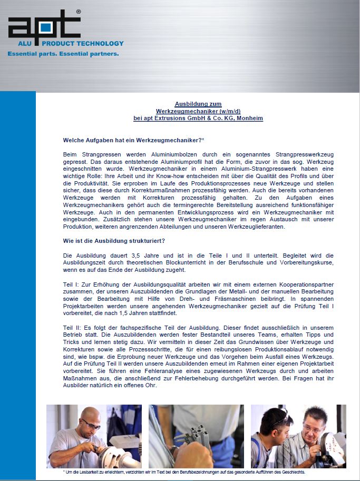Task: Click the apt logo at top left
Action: [45, 25]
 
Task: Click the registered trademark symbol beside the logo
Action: [79, 11]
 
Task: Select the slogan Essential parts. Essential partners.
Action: [63, 54]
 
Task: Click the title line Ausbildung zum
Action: [198, 104]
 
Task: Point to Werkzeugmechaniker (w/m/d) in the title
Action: [198, 111]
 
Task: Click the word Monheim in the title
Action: [251, 119]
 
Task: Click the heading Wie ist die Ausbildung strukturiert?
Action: [114, 241]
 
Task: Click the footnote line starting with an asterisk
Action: [184, 473]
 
